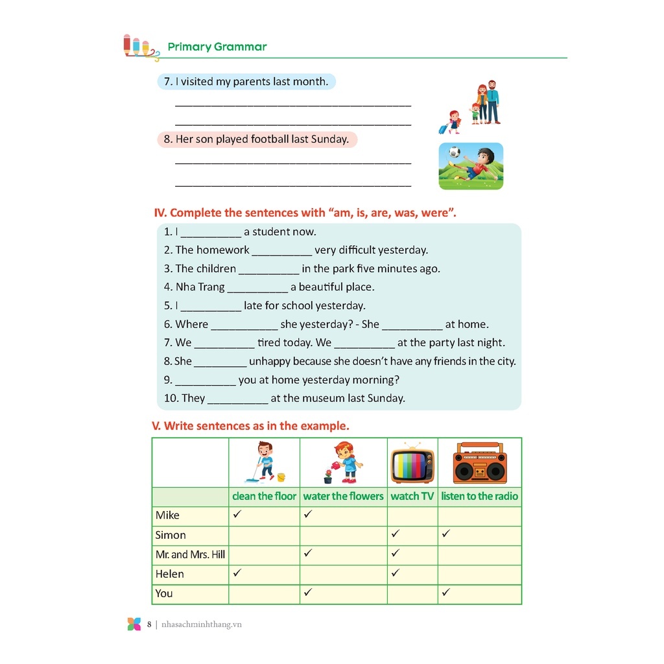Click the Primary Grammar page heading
[217, 47]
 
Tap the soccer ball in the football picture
[455, 153]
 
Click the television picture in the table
[412, 464]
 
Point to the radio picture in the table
[480, 463]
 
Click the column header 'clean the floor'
[264, 496]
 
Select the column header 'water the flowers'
[343, 496]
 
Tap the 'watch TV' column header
[412, 496]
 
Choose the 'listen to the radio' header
[480, 496]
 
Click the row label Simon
[171, 535]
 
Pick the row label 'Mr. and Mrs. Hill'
[190, 554]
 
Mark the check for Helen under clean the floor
[237, 573]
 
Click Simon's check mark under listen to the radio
[447, 534]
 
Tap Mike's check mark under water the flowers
[308, 514]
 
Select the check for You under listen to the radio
[447, 592]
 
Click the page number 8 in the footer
[149, 624]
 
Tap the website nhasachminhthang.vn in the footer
[202, 624]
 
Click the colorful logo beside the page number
[134, 624]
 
